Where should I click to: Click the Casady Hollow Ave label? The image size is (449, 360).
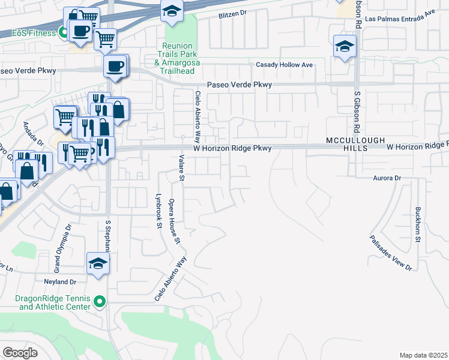[285, 64]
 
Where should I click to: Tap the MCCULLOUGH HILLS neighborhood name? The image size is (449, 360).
[355, 144]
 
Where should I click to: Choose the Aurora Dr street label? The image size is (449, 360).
[387, 178]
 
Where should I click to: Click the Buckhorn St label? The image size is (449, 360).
[417, 225]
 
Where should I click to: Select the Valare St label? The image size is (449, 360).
[181, 167]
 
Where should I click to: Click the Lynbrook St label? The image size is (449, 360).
[159, 211]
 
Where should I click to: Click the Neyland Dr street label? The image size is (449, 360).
[59, 281]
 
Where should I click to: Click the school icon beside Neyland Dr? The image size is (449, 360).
[98, 264]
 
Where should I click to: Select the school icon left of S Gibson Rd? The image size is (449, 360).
[345, 46]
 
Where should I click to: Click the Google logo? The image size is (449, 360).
[20, 353]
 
